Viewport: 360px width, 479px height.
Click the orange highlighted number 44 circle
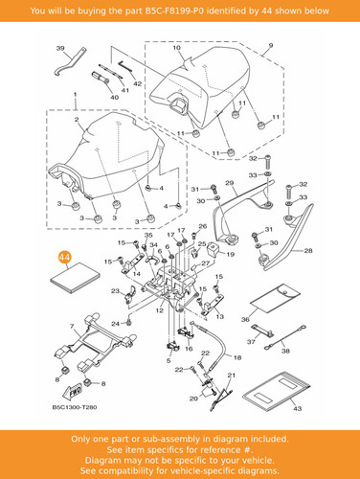click(x=65, y=257)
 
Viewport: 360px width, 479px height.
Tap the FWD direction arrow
click(x=73, y=391)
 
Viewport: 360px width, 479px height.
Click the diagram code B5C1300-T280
click(x=75, y=407)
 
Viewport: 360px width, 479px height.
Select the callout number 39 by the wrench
click(x=60, y=48)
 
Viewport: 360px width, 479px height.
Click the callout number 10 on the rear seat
click(x=176, y=48)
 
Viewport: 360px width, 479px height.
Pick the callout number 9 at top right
click(x=271, y=45)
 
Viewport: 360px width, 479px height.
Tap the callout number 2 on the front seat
click(x=77, y=120)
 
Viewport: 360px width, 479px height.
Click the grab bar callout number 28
click(x=308, y=251)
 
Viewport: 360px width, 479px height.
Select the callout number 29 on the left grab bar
click(x=230, y=183)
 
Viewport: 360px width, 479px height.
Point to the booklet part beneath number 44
click(x=75, y=278)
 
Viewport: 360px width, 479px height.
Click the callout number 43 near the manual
click(x=297, y=408)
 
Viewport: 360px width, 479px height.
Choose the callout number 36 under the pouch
click(x=245, y=319)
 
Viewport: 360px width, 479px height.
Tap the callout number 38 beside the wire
click(x=285, y=351)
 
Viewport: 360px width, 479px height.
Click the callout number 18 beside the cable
click(x=237, y=357)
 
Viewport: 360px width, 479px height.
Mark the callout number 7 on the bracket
click(x=72, y=327)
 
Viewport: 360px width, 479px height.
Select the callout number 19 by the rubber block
click(x=231, y=255)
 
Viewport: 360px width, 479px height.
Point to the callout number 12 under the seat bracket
click(x=160, y=310)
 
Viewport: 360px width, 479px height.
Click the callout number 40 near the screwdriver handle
click(x=114, y=98)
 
